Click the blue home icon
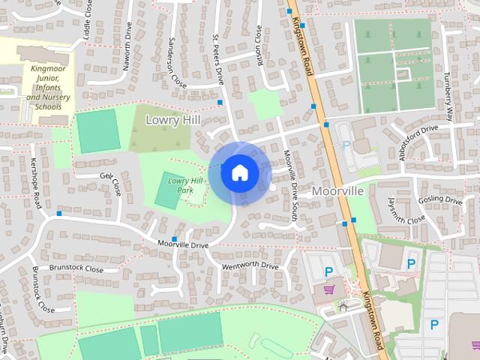coord(239,173)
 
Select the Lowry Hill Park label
coord(185,184)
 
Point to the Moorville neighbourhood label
coord(337,191)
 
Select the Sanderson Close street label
coord(178,62)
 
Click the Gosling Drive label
coord(440,200)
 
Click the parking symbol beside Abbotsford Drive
coord(346,145)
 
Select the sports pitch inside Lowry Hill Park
coord(166,191)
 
